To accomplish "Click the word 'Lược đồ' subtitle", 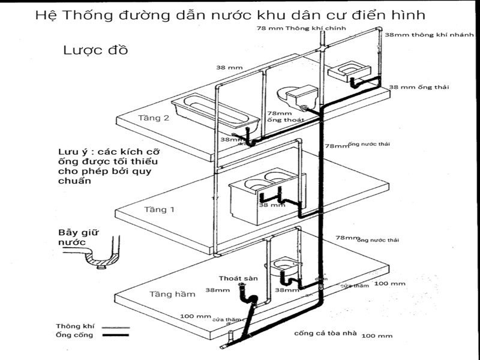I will [95, 50].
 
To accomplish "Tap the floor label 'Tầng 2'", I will [154, 118].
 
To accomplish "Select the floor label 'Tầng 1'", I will [160, 210].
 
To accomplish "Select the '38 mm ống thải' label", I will [419, 88].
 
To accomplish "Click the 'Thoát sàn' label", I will [234, 278].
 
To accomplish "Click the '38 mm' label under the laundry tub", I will [272, 205].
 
